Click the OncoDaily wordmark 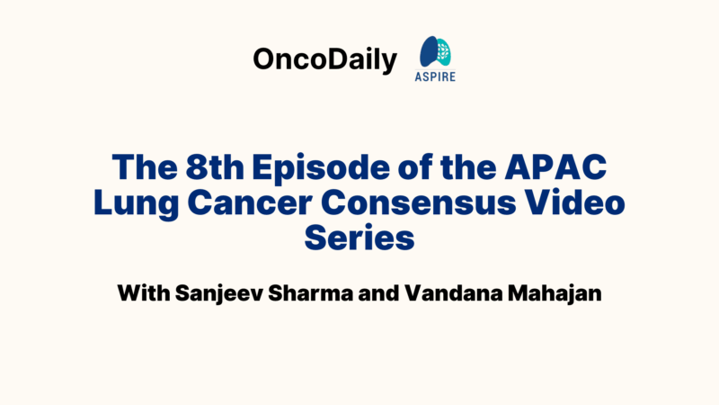point(324,60)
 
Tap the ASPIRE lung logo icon point(438,52)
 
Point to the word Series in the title point(359,239)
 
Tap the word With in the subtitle point(144,294)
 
